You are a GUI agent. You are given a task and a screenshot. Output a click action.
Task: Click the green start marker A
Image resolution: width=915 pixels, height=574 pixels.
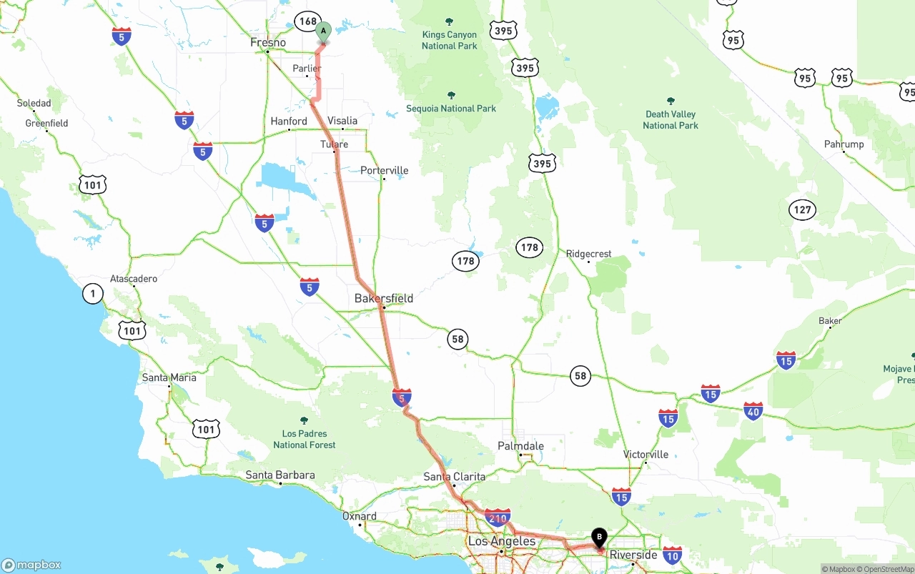point(323,31)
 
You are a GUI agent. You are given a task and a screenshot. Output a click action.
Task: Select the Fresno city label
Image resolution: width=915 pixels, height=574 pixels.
point(268,43)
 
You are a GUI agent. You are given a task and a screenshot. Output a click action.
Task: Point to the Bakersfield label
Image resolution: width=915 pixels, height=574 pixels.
point(384,298)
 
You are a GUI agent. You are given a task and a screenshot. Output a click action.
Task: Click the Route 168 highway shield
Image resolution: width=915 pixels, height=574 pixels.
point(307,21)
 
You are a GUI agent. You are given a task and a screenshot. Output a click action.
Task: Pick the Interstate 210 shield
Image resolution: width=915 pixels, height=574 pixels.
point(497,517)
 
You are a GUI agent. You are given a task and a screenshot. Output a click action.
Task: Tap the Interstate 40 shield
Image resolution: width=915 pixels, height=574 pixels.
point(753,410)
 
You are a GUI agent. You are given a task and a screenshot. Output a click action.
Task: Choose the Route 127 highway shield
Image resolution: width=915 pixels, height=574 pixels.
point(802,209)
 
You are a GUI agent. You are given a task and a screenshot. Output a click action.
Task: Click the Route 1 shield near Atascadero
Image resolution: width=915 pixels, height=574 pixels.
point(93,293)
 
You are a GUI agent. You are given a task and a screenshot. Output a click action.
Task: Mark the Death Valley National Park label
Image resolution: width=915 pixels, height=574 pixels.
point(670,119)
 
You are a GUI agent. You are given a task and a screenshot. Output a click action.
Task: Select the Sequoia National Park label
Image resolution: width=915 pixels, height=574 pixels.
point(451,108)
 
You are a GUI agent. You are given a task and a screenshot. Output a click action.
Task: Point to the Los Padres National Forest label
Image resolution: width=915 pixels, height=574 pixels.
point(304,439)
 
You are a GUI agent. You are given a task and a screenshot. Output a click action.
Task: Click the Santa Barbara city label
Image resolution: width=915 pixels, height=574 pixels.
point(280,475)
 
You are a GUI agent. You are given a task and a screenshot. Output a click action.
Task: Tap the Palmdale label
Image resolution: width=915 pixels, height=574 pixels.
point(520,446)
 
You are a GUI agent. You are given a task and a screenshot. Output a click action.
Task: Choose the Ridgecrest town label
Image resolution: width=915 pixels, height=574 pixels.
point(588,254)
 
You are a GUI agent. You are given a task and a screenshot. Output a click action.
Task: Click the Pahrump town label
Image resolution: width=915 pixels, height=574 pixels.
point(844,144)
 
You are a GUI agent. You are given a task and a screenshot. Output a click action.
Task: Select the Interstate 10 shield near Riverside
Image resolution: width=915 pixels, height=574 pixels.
point(672,554)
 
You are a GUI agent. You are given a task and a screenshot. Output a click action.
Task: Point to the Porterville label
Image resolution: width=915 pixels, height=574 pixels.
point(385,170)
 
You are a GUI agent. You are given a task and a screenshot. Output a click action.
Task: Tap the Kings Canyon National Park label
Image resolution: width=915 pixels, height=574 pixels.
point(449,40)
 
